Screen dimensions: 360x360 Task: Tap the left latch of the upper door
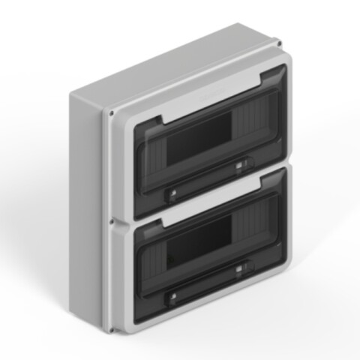tap(172, 192)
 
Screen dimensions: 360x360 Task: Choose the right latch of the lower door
tap(241, 268)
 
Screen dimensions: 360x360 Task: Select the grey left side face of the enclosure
tap(88, 210)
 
